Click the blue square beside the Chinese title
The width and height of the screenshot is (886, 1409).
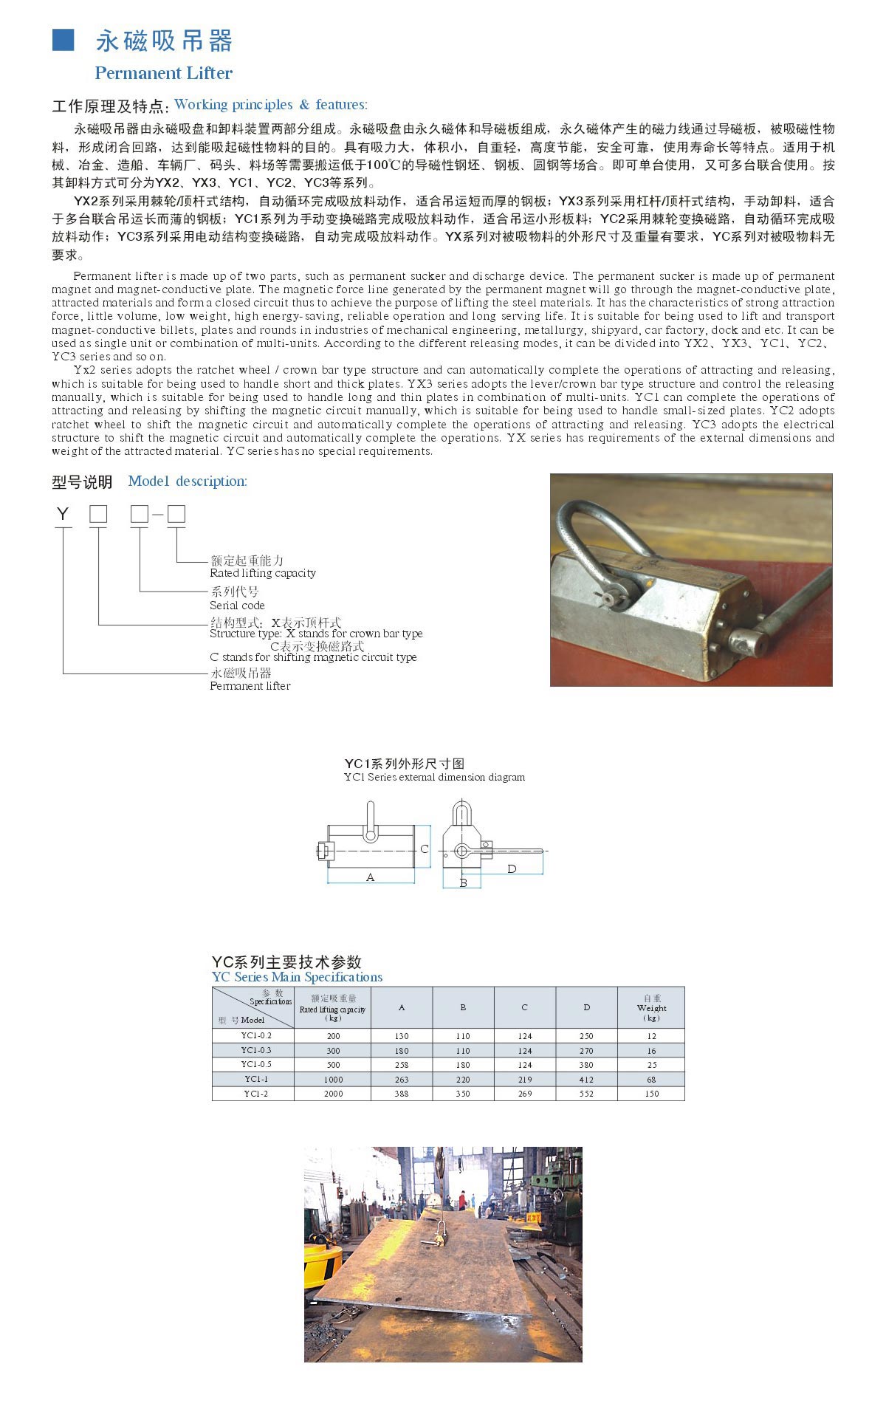click(x=63, y=40)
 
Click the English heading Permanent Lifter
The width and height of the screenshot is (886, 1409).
click(x=163, y=73)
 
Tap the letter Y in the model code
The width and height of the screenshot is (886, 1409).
click(x=63, y=514)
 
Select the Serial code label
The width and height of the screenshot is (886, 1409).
click(x=236, y=605)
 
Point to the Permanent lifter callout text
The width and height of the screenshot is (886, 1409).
click(x=250, y=686)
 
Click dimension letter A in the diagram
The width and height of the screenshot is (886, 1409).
click(x=371, y=877)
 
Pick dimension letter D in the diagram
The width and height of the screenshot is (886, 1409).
click(x=512, y=868)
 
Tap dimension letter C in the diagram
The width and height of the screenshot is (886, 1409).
click(x=425, y=849)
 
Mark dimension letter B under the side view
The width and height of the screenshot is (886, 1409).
click(x=463, y=882)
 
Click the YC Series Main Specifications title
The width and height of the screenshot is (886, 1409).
click(x=297, y=977)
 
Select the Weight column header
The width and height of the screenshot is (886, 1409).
click(x=651, y=1007)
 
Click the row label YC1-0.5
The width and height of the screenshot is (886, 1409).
click(x=255, y=1064)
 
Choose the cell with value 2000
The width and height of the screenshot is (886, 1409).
click(x=333, y=1094)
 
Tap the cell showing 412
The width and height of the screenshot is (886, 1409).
click(x=586, y=1080)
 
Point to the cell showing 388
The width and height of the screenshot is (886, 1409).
click(x=401, y=1094)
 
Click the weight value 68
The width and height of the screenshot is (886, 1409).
click(x=651, y=1080)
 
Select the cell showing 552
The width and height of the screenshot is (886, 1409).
click(x=586, y=1094)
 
